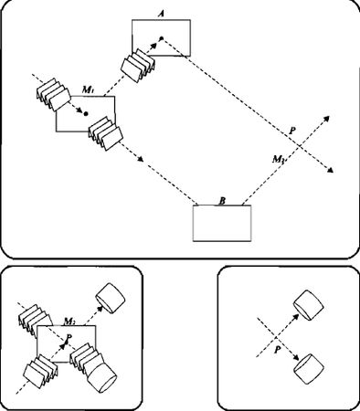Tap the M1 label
[88, 90]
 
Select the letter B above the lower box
[222, 201]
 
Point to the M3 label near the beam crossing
[279, 159]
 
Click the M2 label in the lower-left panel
[69, 321]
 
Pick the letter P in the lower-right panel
[277, 350]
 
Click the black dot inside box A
[162, 38]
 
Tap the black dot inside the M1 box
[86, 113]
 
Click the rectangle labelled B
[222, 223]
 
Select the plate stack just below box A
[139, 66]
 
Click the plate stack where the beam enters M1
[53, 94]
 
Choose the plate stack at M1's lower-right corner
[106, 133]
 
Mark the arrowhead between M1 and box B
[141, 160]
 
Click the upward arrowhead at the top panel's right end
[326, 119]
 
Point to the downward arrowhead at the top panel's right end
[330, 170]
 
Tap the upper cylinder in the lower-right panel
[308, 305]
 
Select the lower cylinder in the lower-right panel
[308, 369]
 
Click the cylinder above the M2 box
[111, 298]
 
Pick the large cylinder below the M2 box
[101, 376]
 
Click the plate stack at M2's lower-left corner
[41, 372]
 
